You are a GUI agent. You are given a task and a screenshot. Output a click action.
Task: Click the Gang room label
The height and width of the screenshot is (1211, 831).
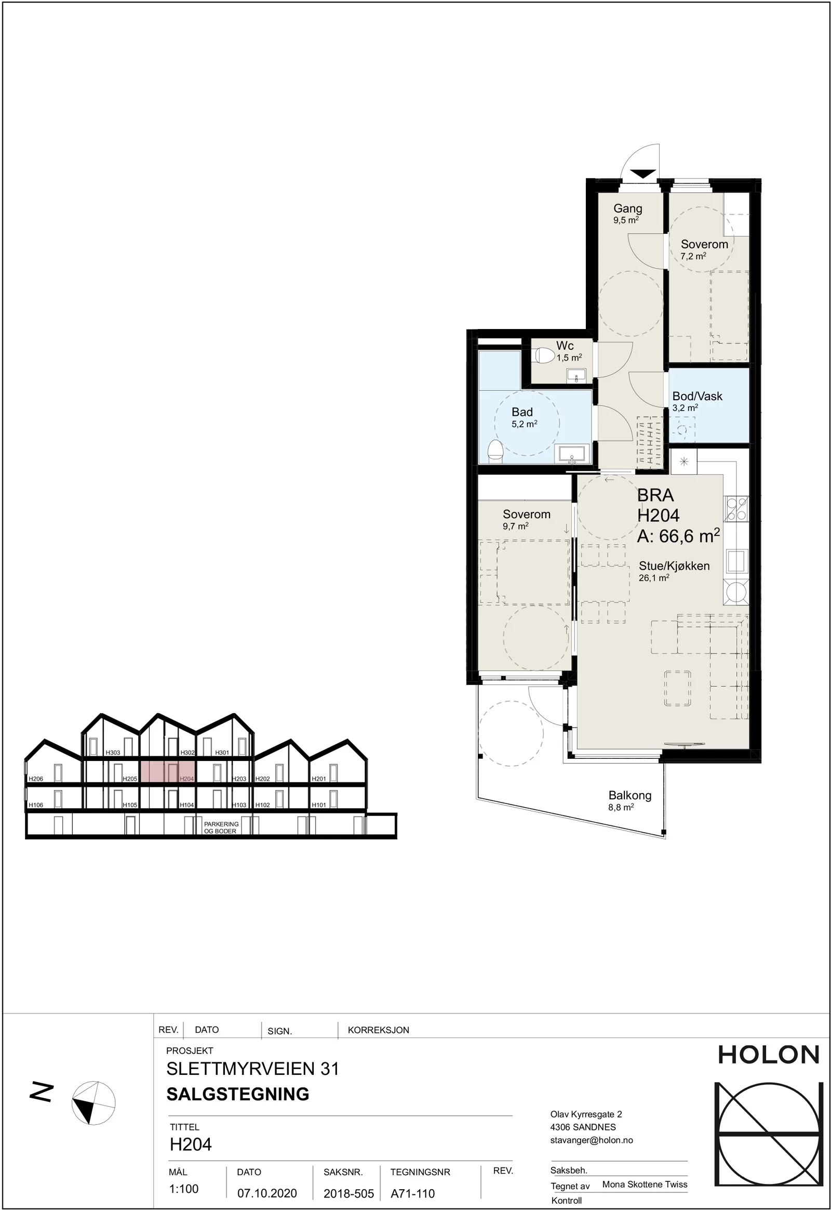coord(627,208)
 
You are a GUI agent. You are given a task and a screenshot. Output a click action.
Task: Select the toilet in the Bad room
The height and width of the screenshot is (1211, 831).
coord(495,451)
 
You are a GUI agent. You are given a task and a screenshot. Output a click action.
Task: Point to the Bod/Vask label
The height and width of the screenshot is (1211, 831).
coord(697,396)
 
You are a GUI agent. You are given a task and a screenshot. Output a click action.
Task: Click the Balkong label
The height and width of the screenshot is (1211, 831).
coord(630,795)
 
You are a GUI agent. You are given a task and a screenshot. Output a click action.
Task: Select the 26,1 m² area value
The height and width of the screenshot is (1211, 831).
coord(654,578)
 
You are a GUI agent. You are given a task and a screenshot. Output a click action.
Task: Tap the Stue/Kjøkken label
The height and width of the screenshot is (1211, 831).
coord(674,566)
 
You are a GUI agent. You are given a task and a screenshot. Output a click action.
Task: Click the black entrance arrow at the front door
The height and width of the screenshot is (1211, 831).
coord(643,174)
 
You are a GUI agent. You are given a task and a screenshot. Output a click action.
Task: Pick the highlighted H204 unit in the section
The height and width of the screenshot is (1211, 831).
coord(168,771)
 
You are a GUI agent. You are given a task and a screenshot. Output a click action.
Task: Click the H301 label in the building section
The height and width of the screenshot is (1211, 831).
coord(222,753)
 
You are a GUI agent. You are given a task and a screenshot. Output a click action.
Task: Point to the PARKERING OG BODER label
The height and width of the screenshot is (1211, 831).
coord(221,827)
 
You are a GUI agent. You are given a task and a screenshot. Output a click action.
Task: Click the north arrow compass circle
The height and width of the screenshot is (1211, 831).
coord(93,1102)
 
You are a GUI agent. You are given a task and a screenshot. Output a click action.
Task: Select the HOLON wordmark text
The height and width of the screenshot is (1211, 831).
coord(769,1055)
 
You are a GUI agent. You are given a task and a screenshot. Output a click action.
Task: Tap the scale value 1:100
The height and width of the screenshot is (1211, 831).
coord(184,1189)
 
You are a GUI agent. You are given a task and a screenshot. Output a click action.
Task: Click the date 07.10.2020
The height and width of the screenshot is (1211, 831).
coord(267,1193)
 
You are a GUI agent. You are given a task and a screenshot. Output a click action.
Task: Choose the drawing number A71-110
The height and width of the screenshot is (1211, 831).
coord(413,1193)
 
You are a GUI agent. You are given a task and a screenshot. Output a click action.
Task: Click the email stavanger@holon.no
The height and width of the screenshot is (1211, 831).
coord(592,1140)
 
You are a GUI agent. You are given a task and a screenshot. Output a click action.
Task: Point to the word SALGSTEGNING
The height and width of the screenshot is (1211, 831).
coord(238,1094)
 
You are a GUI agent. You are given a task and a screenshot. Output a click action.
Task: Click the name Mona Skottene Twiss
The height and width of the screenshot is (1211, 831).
coord(645,1184)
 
